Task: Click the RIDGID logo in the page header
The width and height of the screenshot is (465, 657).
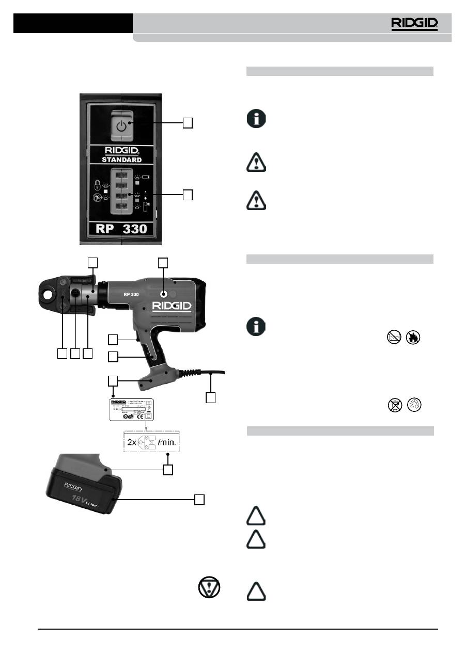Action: coord(414,23)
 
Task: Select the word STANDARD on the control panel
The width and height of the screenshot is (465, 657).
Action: coord(121,159)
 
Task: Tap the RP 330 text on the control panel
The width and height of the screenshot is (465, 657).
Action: coord(122,228)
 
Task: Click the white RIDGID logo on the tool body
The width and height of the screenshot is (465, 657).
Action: coord(172,307)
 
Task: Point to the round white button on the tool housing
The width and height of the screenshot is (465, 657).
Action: coord(163,295)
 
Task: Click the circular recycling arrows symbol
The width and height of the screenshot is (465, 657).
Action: coord(413,407)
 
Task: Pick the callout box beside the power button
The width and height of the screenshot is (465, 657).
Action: coord(188,122)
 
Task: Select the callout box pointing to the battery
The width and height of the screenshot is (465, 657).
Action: coord(198,499)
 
